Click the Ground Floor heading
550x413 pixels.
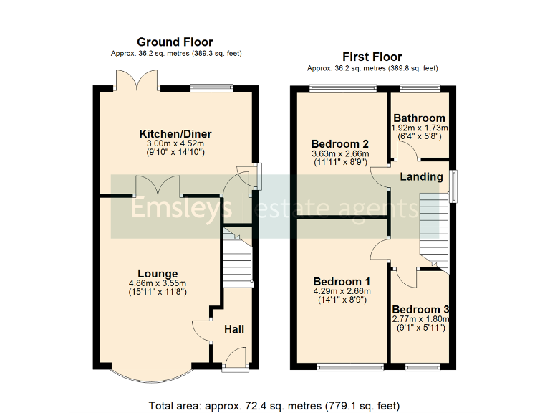click(x=175, y=42)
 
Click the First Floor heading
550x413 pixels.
click(x=372, y=57)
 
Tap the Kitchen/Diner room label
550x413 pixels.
click(x=175, y=134)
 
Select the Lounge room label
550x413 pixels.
click(x=158, y=273)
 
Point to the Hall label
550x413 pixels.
click(x=234, y=329)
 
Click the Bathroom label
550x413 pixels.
click(x=419, y=118)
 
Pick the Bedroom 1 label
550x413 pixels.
click(x=342, y=281)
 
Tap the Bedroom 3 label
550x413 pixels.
click(x=420, y=310)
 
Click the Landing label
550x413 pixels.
click(x=421, y=176)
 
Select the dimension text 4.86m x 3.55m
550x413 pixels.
click(x=158, y=283)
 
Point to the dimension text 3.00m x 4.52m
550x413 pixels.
click(x=175, y=143)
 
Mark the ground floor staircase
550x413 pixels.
click(x=236, y=262)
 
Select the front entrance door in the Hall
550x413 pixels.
click(x=234, y=359)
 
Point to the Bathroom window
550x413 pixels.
click(x=419, y=88)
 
